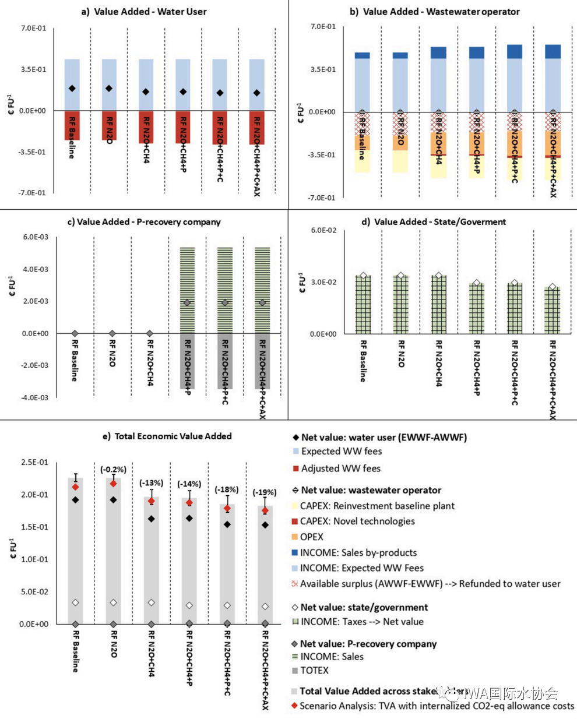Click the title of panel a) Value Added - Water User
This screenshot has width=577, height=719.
click(x=143, y=11)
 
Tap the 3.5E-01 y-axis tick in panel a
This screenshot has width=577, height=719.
click(x=34, y=69)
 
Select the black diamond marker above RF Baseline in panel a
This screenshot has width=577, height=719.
click(x=72, y=89)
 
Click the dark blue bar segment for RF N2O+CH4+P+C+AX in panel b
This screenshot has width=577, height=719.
click(x=553, y=52)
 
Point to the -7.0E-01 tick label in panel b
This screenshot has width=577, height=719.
click(x=322, y=198)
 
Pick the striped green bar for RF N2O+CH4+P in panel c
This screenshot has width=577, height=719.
click(x=187, y=290)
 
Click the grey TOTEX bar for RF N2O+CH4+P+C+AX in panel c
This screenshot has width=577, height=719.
click(x=262, y=361)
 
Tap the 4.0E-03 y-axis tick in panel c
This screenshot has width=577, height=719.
click(x=34, y=269)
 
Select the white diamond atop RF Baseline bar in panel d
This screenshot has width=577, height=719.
click(x=363, y=276)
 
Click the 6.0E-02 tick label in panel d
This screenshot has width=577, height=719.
click(x=323, y=231)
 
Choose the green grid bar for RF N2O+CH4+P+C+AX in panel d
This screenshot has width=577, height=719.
click(x=553, y=310)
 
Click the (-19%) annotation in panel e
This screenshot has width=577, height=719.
click(x=264, y=492)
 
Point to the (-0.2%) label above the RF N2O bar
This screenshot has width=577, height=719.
click(x=113, y=469)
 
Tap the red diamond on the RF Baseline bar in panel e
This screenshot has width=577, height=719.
click(x=75, y=487)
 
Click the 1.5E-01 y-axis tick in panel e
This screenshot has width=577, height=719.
click(x=34, y=527)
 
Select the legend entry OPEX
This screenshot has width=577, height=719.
click(x=311, y=537)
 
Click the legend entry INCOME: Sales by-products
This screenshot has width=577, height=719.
click(x=358, y=552)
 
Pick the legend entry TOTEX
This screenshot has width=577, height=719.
click(x=314, y=671)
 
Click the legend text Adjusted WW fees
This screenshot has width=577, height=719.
click(x=340, y=468)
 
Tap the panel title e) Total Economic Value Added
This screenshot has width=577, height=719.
click(x=167, y=436)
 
